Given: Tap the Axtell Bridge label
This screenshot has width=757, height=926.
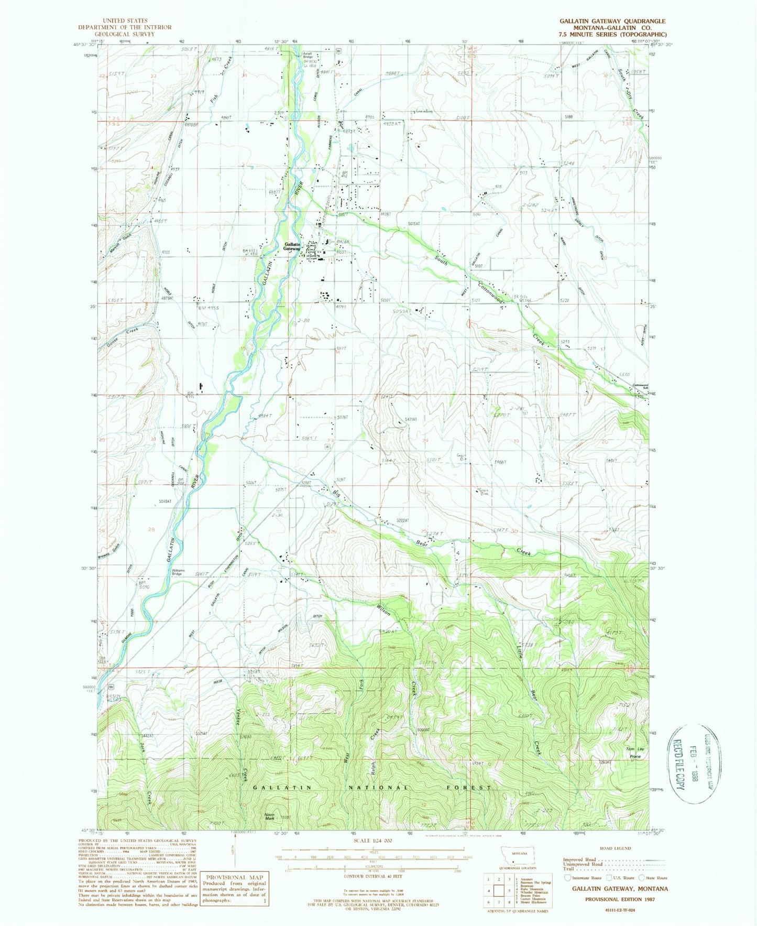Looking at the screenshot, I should click(308, 54).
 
